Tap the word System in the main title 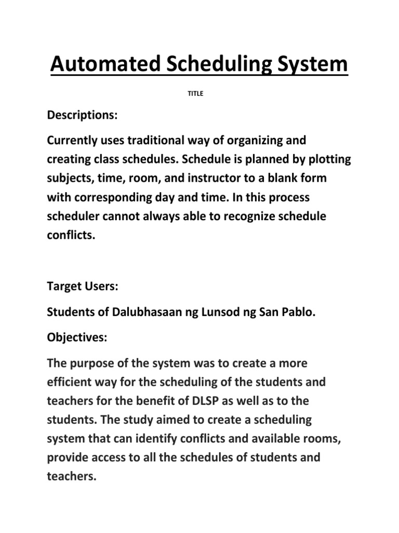[x=315, y=65]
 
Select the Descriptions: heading [x=83, y=116]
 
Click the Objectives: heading [x=77, y=337]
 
